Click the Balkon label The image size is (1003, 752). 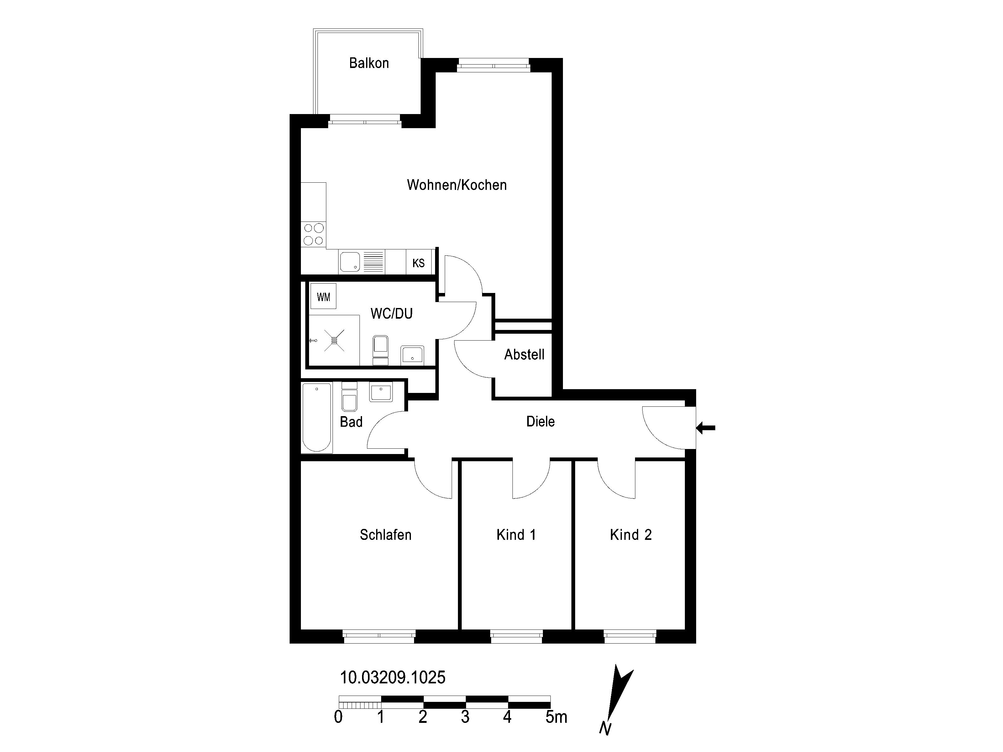[x=369, y=63]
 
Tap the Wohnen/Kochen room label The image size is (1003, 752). [x=457, y=185]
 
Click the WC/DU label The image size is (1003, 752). [x=391, y=314]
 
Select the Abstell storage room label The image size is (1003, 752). [x=524, y=354]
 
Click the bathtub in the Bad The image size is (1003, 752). [x=317, y=417]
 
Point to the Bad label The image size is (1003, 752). [x=351, y=422]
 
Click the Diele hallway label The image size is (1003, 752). [x=540, y=421]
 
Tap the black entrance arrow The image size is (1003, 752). [x=706, y=427]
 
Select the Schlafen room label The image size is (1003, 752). [x=386, y=535]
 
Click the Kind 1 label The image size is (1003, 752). [x=516, y=535]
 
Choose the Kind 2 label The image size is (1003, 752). [x=631, y=535]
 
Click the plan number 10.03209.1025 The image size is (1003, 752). [x=393, y=678]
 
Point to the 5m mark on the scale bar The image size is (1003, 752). [x=556, y=717]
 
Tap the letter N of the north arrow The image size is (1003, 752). [x=605, y=728]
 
